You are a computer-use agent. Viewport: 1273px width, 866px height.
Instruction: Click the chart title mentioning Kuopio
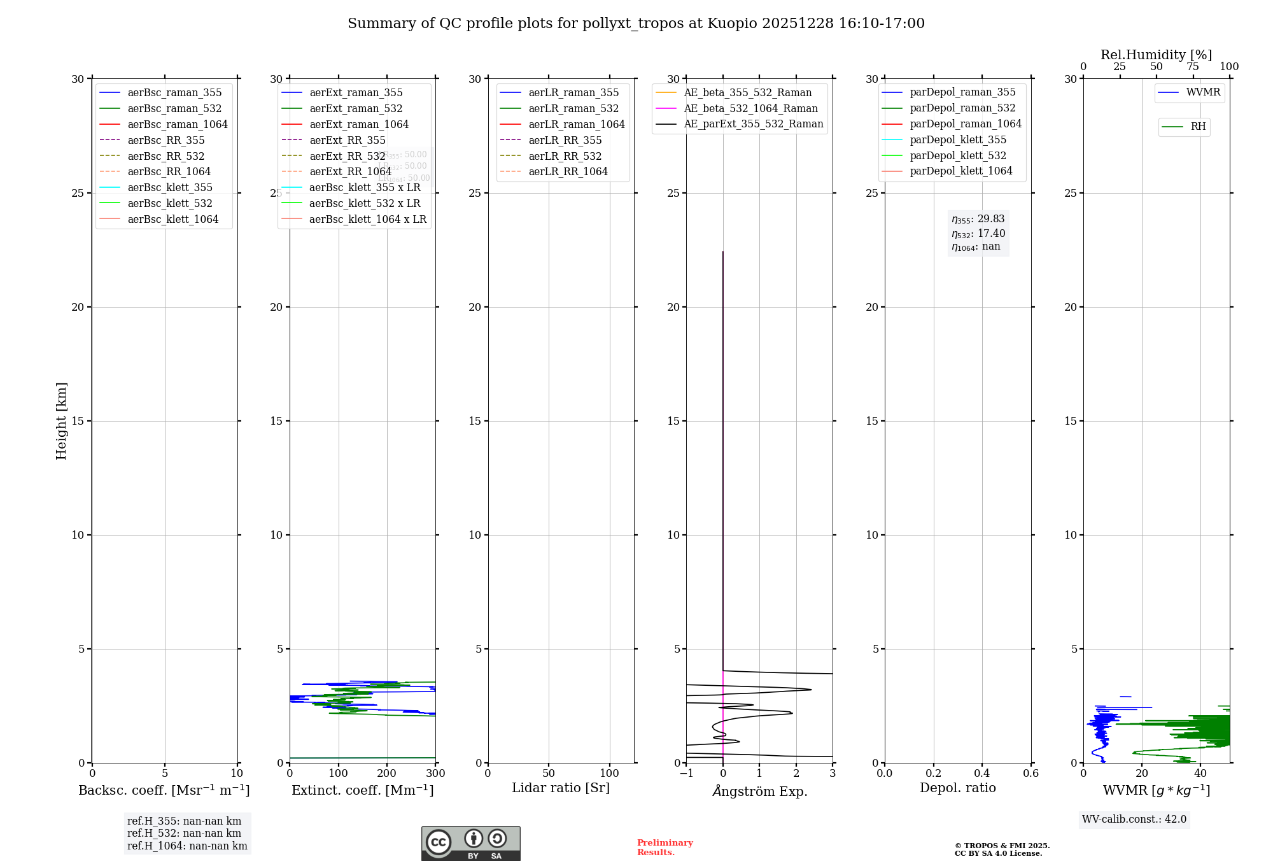tap(636, 24)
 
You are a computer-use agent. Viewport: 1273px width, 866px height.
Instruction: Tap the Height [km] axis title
tap(61, 421)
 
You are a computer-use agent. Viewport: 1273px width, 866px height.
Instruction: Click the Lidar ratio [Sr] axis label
tap(561, 788)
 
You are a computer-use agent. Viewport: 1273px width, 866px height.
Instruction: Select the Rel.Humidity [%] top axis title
tap(1156, 55)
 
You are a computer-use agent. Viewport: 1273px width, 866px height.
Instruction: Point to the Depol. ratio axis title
tap(957, 788)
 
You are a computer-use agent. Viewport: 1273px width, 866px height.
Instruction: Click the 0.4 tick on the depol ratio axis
tap(982, 774)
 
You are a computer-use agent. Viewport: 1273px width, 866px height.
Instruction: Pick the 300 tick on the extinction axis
tap(435, 774)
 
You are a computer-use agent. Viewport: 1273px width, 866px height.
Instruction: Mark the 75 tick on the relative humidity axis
tap(1193, 67)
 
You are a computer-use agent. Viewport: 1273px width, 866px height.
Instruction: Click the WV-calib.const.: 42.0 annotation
tap(1134, 820)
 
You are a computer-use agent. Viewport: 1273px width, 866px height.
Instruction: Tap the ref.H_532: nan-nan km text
tap(184, 834)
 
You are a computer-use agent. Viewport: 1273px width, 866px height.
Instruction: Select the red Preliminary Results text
tap(665, 848)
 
